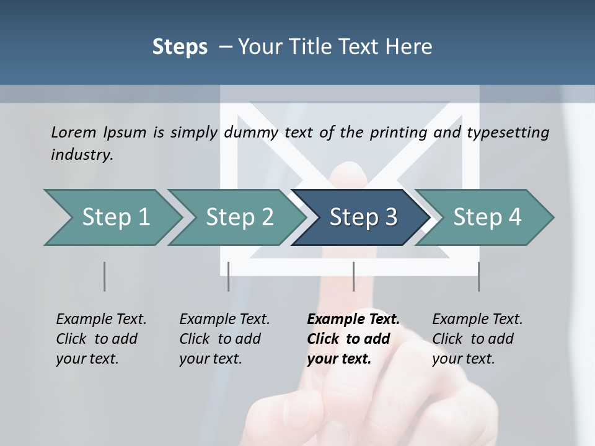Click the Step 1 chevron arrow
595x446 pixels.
(115, 217)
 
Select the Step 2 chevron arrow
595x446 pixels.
(239, 217)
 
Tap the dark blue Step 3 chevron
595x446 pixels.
(363, 217)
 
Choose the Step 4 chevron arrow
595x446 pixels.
(487, 217)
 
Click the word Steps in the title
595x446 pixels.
(180, 46)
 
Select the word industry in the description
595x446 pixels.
(82, 154)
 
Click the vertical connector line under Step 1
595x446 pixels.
(104, 276)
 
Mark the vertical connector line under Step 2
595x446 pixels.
(229, 276)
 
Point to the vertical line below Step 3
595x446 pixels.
(353, 276)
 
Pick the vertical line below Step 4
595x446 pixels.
(478, 276)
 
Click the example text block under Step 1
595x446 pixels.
(101, 339)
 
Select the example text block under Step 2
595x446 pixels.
(224, 339)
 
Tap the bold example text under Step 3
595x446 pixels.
(353, 339)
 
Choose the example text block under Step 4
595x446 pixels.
(477, 339)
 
